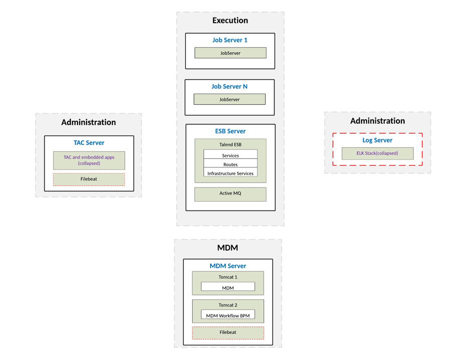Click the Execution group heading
230,21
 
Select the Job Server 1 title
230,40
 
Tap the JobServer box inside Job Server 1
230,53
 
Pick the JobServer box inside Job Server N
229,100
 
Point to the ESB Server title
230,131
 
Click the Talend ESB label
230,145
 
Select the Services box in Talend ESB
230,155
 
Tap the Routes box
230,164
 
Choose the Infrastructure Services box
230,173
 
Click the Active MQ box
230,194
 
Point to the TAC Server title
89,143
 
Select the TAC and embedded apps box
89,160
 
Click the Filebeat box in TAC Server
89,179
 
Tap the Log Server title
377,140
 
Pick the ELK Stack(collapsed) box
377,153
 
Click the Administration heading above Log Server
377,121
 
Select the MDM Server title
227,266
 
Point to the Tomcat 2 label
227,305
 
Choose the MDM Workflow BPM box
227,316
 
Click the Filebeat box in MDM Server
227,332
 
